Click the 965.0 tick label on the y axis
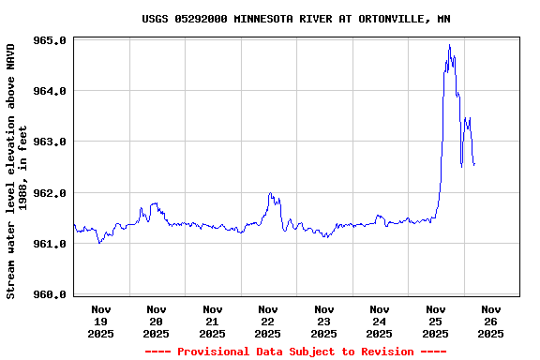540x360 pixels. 49,40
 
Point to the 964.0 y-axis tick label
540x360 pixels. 49,91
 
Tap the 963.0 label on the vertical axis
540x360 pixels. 49,142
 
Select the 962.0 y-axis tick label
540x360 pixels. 49,193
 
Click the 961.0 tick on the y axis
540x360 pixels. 49,244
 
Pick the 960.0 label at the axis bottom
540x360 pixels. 49,294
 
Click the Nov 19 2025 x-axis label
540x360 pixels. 101,321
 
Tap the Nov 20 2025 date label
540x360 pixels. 157,321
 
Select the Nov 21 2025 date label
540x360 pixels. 213,321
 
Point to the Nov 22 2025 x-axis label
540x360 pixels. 268,321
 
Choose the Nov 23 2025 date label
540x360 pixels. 324,321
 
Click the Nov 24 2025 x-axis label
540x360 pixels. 380,321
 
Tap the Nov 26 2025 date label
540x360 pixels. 491,321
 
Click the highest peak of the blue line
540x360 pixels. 450,45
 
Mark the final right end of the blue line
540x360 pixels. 474,165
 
